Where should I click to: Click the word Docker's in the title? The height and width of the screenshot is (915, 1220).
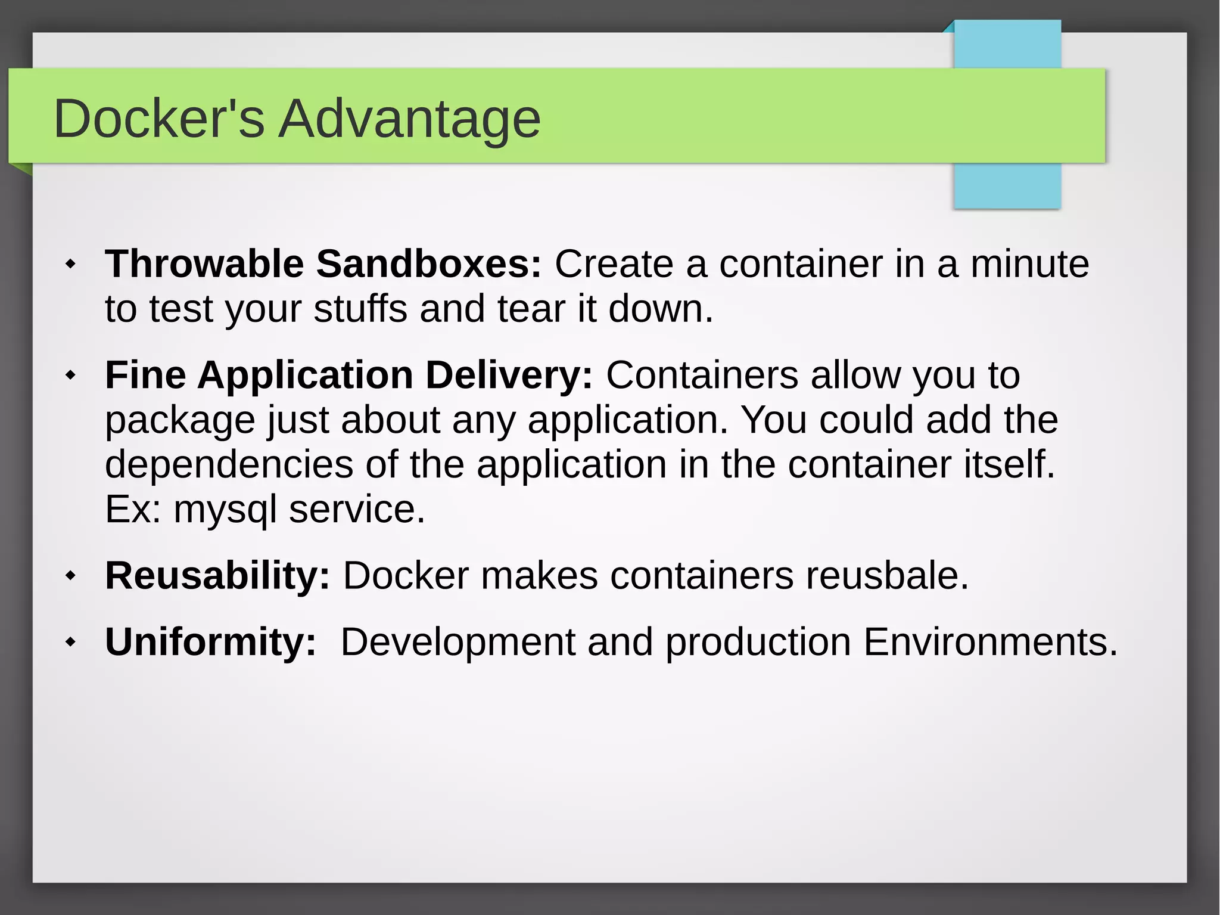tap(158, 119)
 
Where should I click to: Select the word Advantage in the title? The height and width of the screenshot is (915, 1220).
tap(410, 119)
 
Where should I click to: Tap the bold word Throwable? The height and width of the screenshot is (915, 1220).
tap(204, 264)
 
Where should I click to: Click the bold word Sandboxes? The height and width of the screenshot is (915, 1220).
tap(429, 264)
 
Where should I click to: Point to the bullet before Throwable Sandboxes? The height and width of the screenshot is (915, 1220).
tap(71, 263)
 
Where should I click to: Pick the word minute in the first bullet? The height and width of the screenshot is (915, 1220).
tap(1030, 264)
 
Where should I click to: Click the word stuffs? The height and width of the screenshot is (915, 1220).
tap(360, 309)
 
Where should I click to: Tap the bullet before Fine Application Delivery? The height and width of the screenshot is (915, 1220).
tap(71, 375)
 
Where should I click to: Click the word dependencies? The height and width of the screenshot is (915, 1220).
tap(229, 465)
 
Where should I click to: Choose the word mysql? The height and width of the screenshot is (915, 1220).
tap(225, 510)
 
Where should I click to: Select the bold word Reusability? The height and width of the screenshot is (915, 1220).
tap(217, 576)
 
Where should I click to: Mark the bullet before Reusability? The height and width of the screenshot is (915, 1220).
tap(71, 576)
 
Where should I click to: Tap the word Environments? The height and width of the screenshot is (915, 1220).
tap(990, 643)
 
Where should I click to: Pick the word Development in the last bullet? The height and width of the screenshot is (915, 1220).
tap(457, 643)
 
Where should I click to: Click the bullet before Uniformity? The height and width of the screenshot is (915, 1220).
tap(71, 642)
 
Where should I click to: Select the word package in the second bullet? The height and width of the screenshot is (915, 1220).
tap(180, 421)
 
